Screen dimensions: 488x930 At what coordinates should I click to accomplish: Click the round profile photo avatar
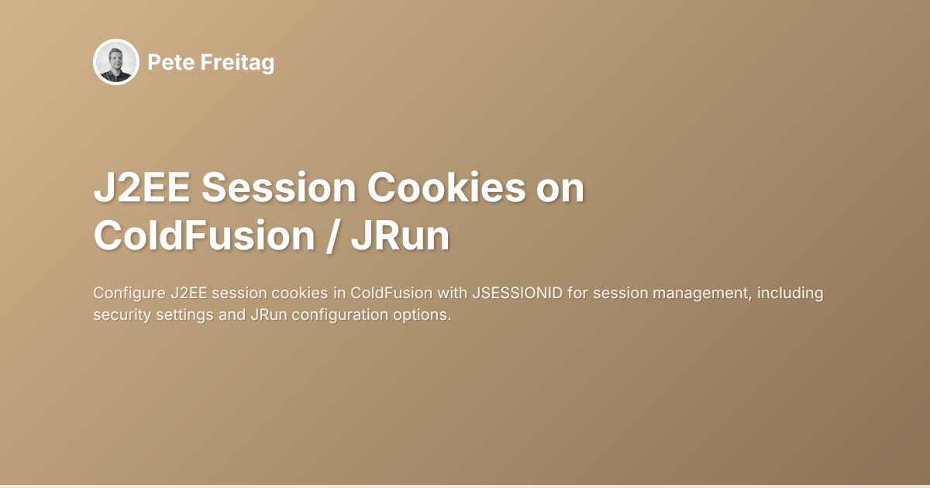(116, 62)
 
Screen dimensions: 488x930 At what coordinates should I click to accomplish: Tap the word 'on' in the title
(562, 189)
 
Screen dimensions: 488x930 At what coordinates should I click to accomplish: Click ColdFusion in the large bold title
(203, 236)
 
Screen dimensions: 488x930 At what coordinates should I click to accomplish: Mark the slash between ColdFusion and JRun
(332, 236)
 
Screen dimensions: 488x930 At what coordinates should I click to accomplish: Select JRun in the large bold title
(400, 236)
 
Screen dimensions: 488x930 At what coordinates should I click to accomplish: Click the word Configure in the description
(128, 294)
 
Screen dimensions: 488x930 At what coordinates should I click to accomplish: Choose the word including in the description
(790, 294)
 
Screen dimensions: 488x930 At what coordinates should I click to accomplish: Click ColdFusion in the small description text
(386, 294)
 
